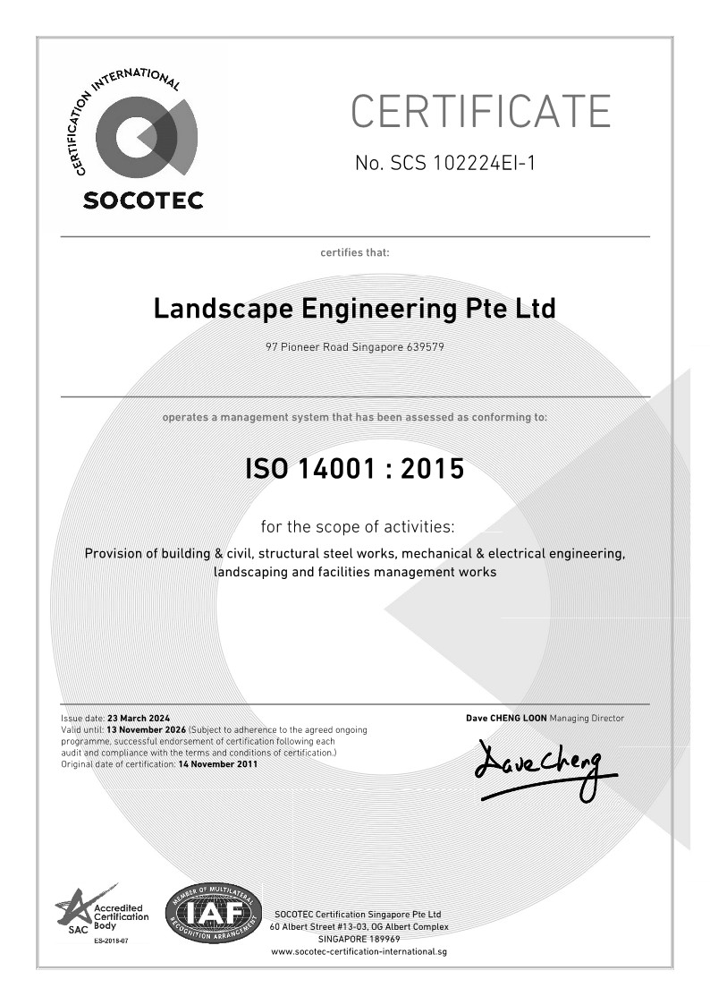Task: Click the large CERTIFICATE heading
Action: coord(480,111)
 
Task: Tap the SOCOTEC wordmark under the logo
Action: coord(143,200)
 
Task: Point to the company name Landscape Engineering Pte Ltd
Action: coord(354,309)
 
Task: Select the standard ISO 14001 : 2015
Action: coord(354,468)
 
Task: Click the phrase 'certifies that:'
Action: coord(355,252)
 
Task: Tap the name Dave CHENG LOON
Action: coord(506,718)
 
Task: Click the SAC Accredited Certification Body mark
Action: coord(91,914)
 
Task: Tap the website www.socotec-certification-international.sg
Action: coord(359,951)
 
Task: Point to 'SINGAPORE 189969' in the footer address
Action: coord(359,939)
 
